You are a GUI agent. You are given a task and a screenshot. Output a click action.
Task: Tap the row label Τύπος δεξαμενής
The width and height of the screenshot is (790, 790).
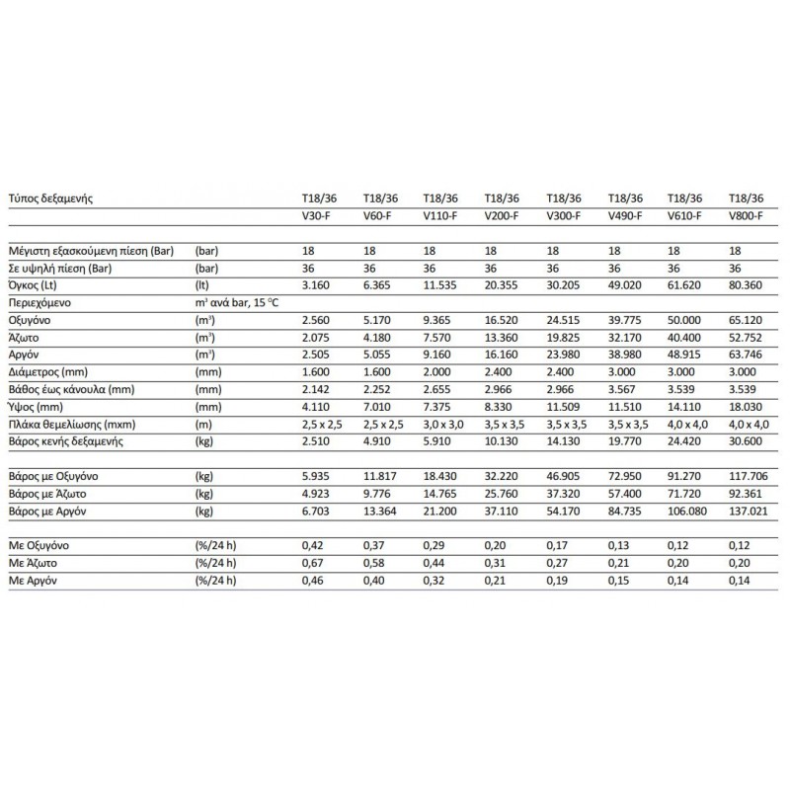click(51, 198)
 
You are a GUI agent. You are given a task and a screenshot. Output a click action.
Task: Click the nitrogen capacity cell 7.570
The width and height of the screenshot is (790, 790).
click(437, 337)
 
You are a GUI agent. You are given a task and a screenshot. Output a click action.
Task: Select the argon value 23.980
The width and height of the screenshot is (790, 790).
click(561, 355)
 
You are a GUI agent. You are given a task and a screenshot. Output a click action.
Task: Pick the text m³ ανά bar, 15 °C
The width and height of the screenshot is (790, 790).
click(238, 302)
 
